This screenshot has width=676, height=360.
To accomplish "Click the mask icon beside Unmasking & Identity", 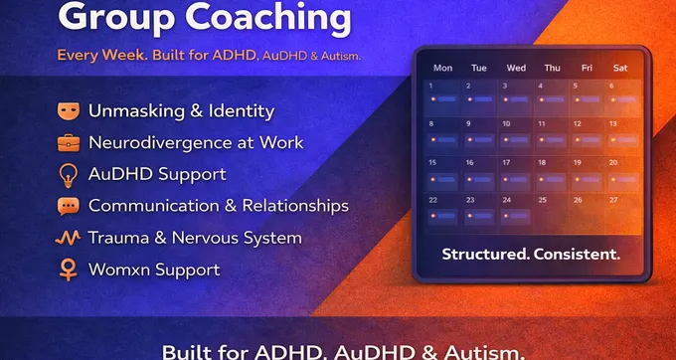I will pyautogui.click(x=69, y=110).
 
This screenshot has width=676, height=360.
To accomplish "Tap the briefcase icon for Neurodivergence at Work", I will pyautogui.click(x=69, y=142).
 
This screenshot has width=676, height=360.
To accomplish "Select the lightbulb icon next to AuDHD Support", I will pyautogui.click(x=69, y=174).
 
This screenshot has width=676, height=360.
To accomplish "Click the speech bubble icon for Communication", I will pyautogui.click(x=69, y=206).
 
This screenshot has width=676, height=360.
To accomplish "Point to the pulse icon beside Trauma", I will pyautogui.click(x=69, y=238).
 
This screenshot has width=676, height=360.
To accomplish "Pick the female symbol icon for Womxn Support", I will pyautogui.click(x=69, y=270).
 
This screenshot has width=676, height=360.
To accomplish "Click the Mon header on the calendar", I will pyautogui.click(x=442, y=69).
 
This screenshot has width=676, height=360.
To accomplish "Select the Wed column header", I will pyautogui.click(x=516, y=69).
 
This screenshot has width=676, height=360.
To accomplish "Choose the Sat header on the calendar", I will pyautogui.click(x=621, y=69).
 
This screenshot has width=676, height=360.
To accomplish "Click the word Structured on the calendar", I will pyautogui.click(x=485, y=255).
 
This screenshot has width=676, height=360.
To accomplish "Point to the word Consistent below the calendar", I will pyautogui.click(x=577, y=255).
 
